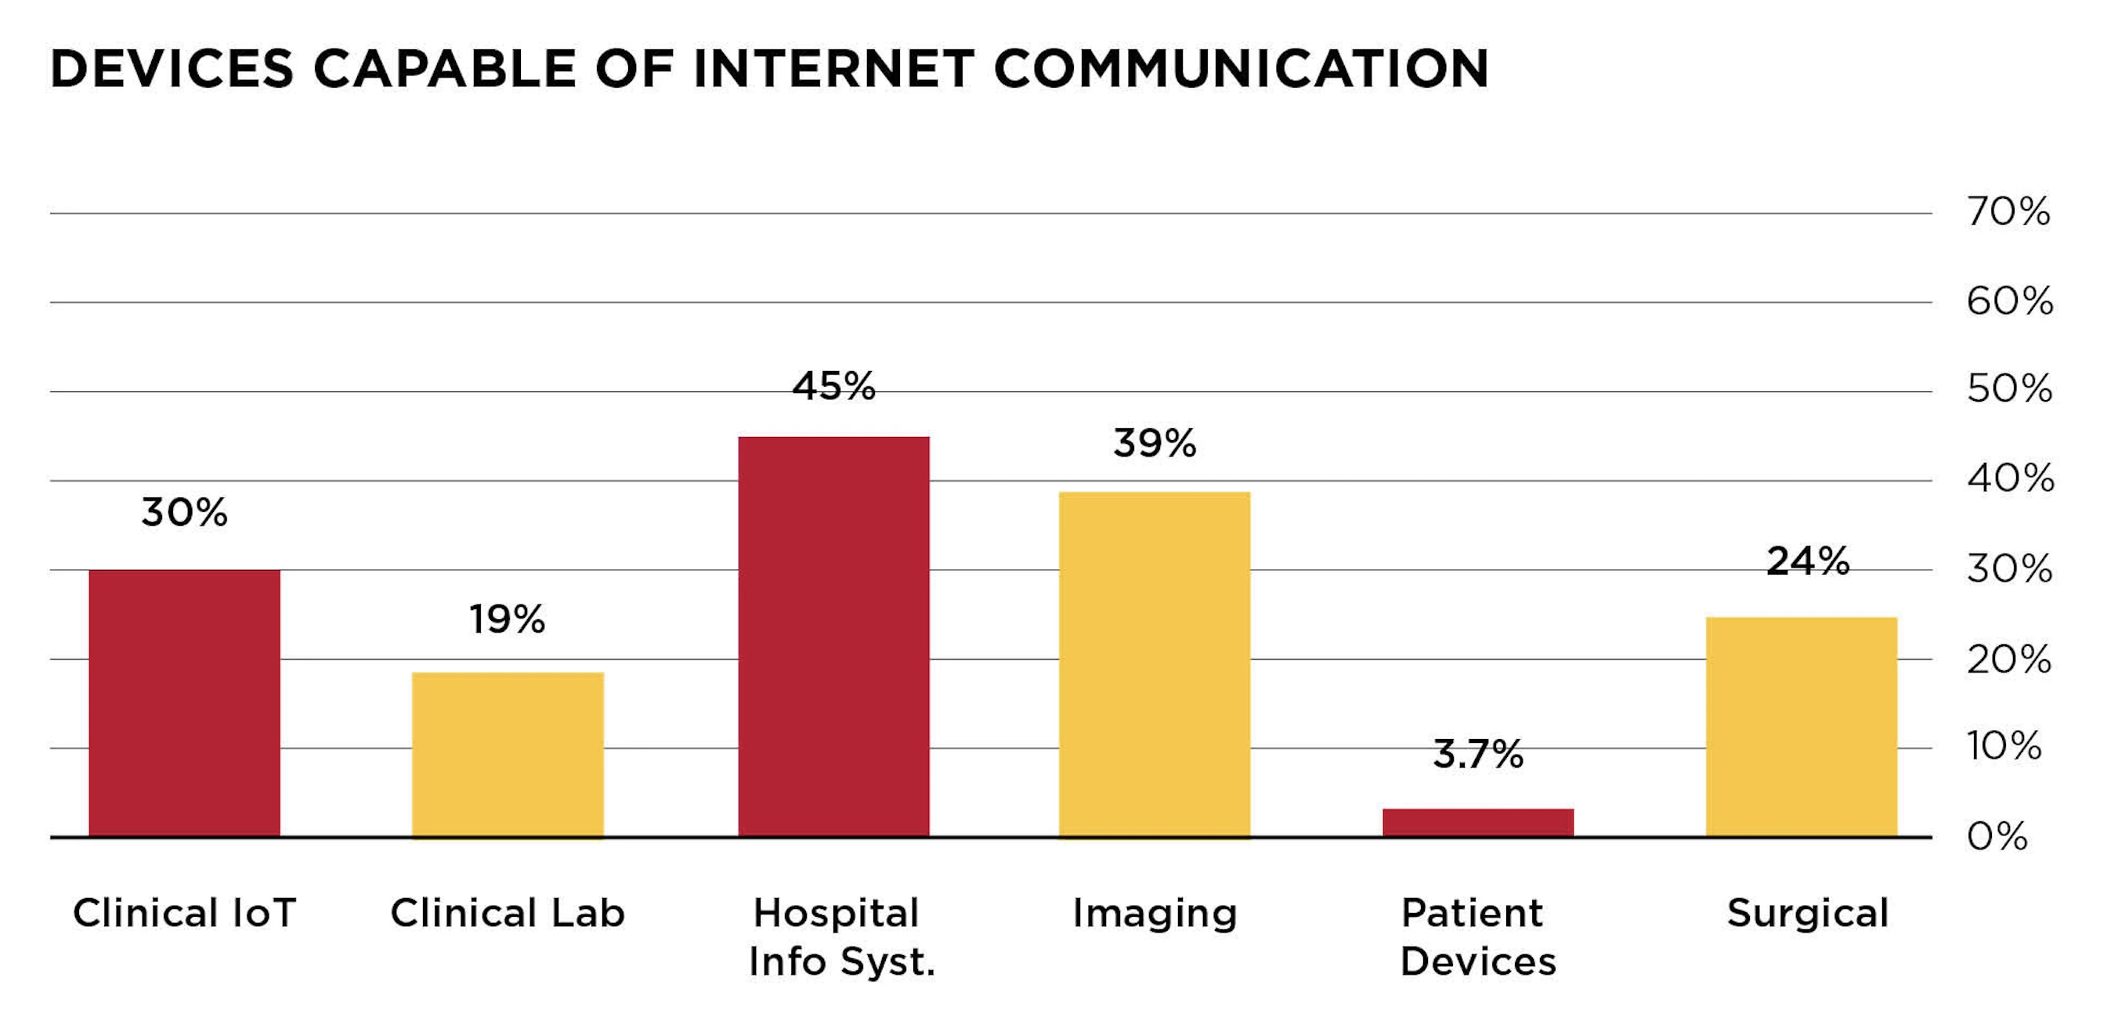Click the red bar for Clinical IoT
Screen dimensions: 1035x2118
click(184, 703)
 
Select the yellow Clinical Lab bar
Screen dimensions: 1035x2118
click(508, 755)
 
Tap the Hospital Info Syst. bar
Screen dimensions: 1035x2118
click(833, 637)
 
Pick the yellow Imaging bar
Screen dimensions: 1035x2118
click(1155, 664)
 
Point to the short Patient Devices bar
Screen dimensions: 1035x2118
click(1477, 822)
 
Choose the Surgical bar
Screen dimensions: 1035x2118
click(1802, 727)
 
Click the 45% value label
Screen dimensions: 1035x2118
click(833, 387)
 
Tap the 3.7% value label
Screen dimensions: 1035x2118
click(1477, 754)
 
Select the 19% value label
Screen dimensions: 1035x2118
click(508, 619)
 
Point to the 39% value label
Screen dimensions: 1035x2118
click(1155, 443)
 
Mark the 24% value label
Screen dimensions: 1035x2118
click(1808, 561)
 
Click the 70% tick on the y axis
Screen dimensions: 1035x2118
click(2008, 212)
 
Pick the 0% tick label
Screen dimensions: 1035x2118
click(1997, 837)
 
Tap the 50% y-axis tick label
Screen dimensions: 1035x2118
click(2009, 389)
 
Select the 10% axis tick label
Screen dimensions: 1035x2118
click(2004, 745)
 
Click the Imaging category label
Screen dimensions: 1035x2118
click(1155, 914)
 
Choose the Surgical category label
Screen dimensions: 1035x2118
click(1807, 914)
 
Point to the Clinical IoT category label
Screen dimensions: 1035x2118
click(184, 914)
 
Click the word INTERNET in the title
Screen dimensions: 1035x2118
click(833, 68)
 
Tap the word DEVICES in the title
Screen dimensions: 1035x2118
click(172, 68)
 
